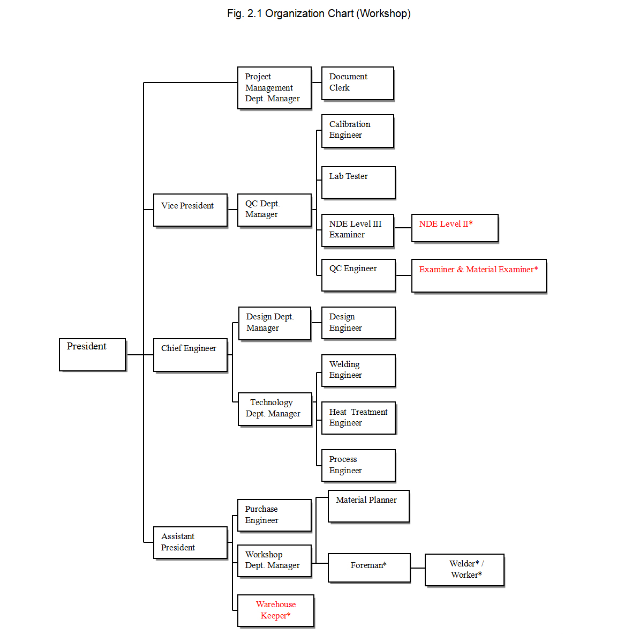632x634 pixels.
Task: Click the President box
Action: point(92,354)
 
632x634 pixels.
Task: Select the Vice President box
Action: point(190,210)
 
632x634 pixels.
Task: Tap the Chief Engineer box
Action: point(190,355)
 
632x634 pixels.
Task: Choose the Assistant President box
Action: point(190,542)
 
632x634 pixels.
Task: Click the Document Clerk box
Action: point(357,83)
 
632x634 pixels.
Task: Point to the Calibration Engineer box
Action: point(357,130)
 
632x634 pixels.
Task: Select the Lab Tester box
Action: point(358,182)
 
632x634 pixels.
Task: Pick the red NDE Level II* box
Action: point(455,228)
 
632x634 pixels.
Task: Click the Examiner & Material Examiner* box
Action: point(479,275)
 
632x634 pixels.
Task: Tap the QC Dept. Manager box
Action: point(274,210)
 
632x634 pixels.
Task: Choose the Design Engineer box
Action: point(358,323)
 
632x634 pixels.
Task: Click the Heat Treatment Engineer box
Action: point(358,417)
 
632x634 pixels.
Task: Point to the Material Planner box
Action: point(368,506)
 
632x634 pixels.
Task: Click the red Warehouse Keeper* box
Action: point(276,610)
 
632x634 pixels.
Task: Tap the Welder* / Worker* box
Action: point(464,570)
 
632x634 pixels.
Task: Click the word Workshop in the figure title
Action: point(383,13)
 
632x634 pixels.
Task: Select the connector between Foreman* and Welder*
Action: point(418,568)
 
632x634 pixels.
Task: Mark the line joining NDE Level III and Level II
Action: point(403,228)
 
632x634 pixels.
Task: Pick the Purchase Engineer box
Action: point(274,515)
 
